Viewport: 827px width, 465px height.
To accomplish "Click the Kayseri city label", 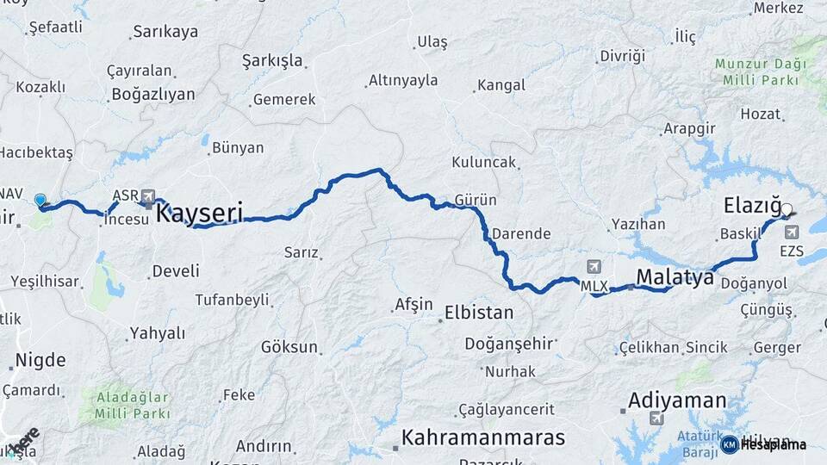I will tap(199, 212).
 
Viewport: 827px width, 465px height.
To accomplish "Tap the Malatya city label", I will tap(675, 277).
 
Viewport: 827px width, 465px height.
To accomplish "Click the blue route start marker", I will tap(40, 201).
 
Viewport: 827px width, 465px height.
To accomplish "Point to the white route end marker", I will tap(786, 208).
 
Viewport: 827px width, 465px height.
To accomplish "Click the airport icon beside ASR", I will tap(148, 195).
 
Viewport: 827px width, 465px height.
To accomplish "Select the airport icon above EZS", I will tap(792, 232).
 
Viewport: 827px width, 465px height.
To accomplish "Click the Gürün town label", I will tap(476, 201).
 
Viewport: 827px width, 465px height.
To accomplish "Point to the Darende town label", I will tap(521, 233).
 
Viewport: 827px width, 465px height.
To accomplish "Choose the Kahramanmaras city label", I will tap(483, 436).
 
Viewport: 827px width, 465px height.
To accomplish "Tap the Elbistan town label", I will tap(478, 312).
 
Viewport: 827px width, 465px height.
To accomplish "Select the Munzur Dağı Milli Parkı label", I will tap(761, 72).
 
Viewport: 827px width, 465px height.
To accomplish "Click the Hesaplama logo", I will tap(764, 444).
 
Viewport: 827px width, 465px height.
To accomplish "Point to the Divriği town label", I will tap(622, 56).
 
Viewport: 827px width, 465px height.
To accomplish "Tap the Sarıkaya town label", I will tap(165, 32).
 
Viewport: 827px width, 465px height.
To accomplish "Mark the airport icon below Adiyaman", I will tap(657, 418).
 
